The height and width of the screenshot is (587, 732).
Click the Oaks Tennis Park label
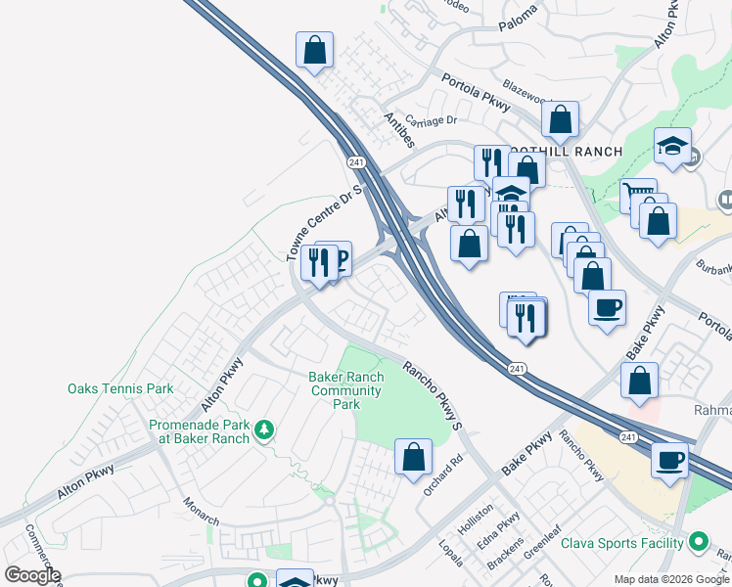120,388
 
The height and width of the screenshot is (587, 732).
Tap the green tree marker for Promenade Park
263,429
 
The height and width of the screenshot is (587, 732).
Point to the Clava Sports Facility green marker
699,540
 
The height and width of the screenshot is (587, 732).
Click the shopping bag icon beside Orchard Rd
413,456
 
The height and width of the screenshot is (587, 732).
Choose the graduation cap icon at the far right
673,146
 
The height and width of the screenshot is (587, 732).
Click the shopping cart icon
637,195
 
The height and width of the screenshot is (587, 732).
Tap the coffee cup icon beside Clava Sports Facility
670,459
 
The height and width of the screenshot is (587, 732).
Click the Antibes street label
399,130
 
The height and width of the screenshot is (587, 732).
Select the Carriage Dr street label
432,120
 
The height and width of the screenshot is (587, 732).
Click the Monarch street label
204,511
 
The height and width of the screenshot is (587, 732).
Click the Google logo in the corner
32,574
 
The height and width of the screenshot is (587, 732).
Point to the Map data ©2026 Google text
671,579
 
